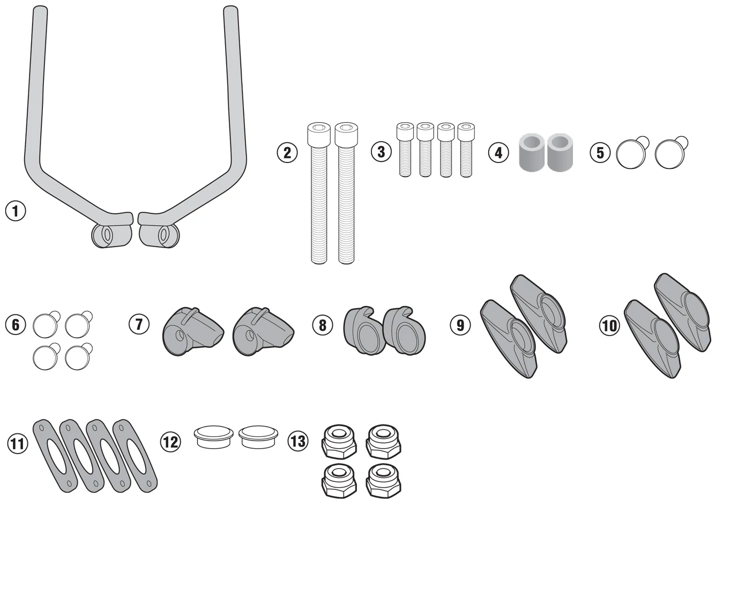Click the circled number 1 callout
[16, 211]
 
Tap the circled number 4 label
[498, 153]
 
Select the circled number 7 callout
[139, 324]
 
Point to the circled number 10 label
[609, 325]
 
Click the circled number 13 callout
[297, 441]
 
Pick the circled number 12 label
[170, 442]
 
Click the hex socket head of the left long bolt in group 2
[319, 133]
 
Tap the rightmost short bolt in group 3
[466, 150]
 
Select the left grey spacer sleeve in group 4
[532, 152]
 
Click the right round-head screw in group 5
[671, 153]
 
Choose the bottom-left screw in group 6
[46, 356]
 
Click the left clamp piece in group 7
[193, 331]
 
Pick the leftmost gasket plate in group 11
[55, 456]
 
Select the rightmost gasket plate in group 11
[135, 456]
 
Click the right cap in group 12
[258, 437]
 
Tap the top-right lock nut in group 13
[383, 442]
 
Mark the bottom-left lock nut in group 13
[339, 481]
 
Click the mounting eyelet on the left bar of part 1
[107, 235]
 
